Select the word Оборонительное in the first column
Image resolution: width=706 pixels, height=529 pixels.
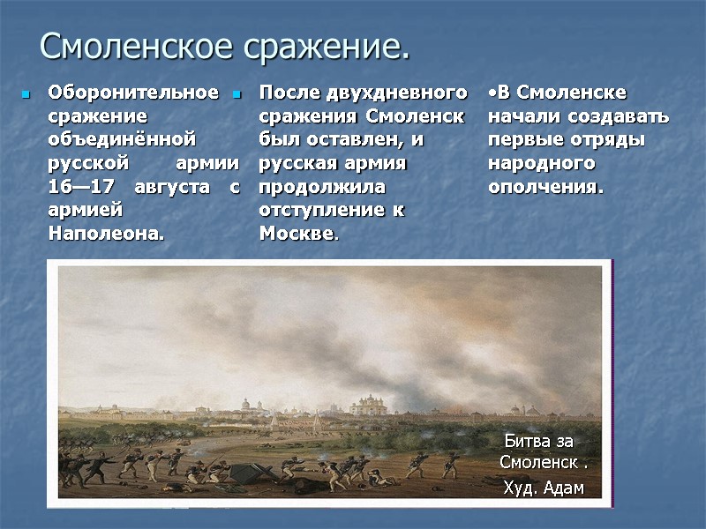click(x=132, y=93)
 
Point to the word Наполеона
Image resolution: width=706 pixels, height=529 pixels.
click(x=106, y=234)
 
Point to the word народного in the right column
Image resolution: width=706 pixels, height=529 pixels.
click(x=541, y=164)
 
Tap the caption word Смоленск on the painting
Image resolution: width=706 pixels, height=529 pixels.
click(x=538, y=464)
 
